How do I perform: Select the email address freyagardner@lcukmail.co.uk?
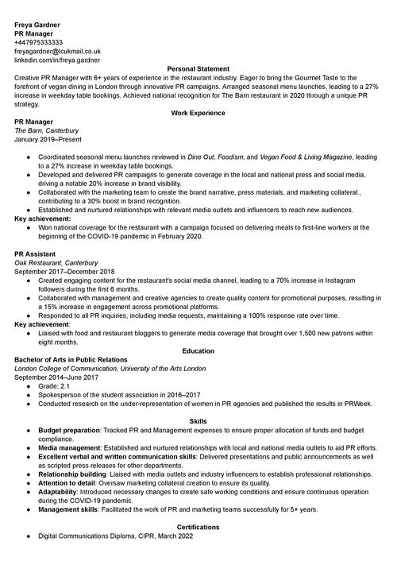(x=57, y=51)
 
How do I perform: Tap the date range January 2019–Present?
(x=48, y=139)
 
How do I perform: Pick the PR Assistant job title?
(x=36, y=253)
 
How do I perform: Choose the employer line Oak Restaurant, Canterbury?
(x=56, y=262)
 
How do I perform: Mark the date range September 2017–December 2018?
(x=64, y=271)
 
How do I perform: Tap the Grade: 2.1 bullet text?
(x=56, y=386)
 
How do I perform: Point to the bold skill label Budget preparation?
(x=69, y=430)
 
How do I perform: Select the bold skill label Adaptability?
(x=60, y=492)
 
